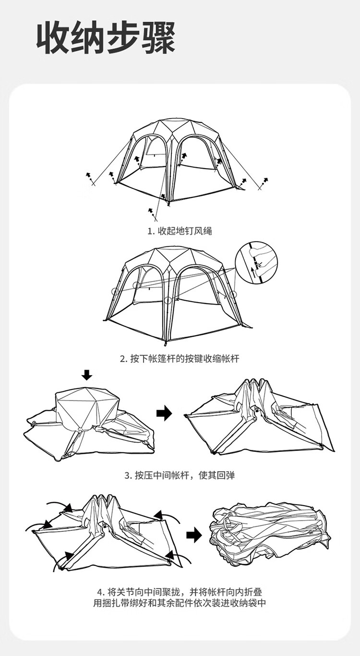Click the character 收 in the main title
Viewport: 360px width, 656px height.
54,38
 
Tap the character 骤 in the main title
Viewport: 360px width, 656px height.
158,38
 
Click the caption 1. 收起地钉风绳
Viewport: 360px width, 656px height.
180,231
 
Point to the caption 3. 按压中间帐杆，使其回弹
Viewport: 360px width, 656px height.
180,475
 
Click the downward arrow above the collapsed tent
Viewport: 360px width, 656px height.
86,375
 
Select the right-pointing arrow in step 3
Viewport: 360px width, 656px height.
164,413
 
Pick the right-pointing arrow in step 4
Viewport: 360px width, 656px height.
194,535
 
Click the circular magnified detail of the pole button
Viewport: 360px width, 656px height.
256,262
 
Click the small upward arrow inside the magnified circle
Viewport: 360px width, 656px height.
253,272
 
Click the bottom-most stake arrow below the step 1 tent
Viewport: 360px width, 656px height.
150,210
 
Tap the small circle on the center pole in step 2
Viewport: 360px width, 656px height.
168,300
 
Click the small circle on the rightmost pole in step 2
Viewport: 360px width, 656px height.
232,294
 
